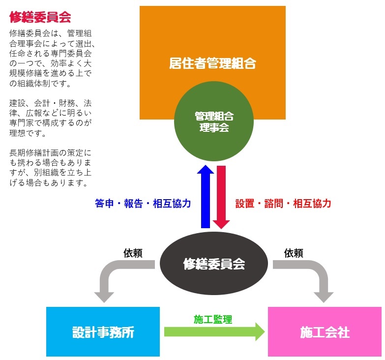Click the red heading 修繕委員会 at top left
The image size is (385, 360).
(x=40, y=17)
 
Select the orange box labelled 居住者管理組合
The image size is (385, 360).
(x=212, y=34)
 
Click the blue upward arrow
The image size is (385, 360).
(x=206, y=197)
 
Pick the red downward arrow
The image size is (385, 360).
(x=221, y=197)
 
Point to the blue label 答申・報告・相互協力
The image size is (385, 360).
(x=143, y=204)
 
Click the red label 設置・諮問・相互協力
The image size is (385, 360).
(x=283, y=204)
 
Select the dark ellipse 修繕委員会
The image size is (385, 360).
(x=214, y=264)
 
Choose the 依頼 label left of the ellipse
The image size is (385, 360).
(x=133, y=253)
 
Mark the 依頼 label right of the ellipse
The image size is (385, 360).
(x=294, y=253)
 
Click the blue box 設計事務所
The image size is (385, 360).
(x=103, y=332)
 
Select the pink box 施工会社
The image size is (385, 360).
(x=325, y=332)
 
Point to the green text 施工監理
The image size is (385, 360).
(x=213, y=319)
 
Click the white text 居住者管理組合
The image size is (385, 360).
(x=212, y=63)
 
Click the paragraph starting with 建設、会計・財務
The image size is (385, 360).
(x=50, y=118)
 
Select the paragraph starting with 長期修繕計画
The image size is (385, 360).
(x=50, y=167)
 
